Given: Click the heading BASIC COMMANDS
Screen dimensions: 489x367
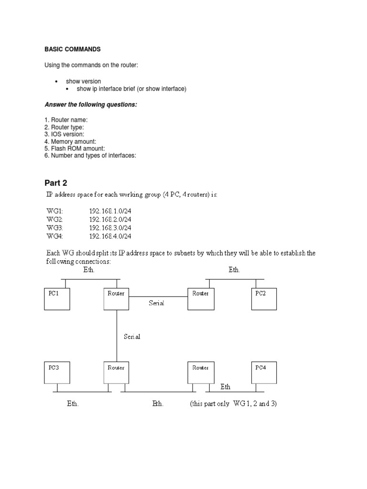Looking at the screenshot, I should click(73, 49).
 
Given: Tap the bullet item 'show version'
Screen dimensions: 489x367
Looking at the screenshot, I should click(83, 81).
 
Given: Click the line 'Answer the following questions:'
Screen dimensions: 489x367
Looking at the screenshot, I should click(91, 105).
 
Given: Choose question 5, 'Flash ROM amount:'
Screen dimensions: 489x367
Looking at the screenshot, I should click(74, 148).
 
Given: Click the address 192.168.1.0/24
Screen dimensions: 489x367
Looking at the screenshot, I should click(110, 211).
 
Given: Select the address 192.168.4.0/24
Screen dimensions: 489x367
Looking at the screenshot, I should click(110, 236).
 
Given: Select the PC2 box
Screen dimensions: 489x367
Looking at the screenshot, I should click(263, 299).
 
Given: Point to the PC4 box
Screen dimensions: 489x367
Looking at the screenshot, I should click(263, 372).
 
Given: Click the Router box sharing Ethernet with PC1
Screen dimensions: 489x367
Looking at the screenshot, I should click(116, 299).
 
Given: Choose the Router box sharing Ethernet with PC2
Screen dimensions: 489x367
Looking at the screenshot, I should click(201, 299).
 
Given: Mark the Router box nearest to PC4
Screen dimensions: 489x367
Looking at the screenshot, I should click(201, 372).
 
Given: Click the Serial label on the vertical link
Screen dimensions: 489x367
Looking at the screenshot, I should click(131, 337).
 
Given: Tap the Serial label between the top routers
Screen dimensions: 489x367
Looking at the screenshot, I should click(156, 303).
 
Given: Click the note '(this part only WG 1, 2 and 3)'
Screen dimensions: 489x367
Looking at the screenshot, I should click(233, 404).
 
